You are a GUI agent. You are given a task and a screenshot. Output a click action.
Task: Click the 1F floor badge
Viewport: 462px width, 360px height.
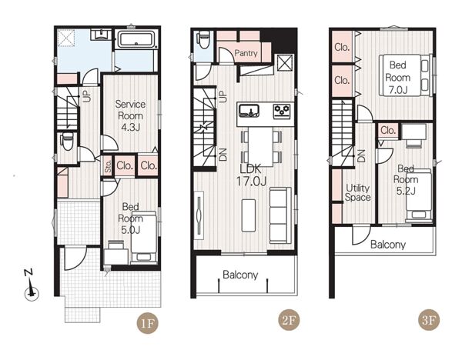[x=147, y=323]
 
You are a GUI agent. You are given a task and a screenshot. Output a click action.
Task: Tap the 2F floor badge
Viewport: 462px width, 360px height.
[x=289, y=320]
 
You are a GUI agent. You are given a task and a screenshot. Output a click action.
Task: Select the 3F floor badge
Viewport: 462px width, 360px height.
[x=429, y=320]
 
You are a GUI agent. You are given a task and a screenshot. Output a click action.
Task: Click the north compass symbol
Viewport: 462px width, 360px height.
[x=32, y=286]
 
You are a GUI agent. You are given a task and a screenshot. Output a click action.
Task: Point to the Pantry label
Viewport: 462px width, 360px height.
[x=246, y=53]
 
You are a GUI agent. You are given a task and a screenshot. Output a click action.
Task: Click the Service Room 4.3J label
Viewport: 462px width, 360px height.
[x=130, y=115]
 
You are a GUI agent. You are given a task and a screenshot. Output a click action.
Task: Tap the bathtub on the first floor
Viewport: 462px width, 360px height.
[x=136, y=40]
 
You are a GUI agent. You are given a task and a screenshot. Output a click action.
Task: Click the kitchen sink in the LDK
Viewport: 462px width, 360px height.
[x=249, y=111]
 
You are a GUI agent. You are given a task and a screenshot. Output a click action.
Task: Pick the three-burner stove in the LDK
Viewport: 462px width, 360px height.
[x=282, y=112]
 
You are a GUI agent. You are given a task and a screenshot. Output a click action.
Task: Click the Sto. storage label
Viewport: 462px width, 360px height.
[x=108, y=166]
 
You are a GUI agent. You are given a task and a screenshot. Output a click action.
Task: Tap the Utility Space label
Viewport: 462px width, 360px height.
[x=358, y=192]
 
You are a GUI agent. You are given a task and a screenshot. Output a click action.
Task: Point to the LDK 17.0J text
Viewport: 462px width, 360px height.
[x=251, y=175]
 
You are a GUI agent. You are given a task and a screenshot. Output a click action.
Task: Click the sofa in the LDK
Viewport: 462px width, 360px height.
[x=280, y=215]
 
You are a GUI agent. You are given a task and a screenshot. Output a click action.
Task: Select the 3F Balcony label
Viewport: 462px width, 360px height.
[x=388, y=245]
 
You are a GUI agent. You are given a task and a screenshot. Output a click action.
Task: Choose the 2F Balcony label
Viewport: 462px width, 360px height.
[x=240, y=275]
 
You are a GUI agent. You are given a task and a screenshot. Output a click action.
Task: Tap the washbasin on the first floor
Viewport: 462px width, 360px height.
[x=101, y=35]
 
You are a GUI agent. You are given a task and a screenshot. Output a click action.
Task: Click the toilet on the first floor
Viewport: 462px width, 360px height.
[x=68, y=141]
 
